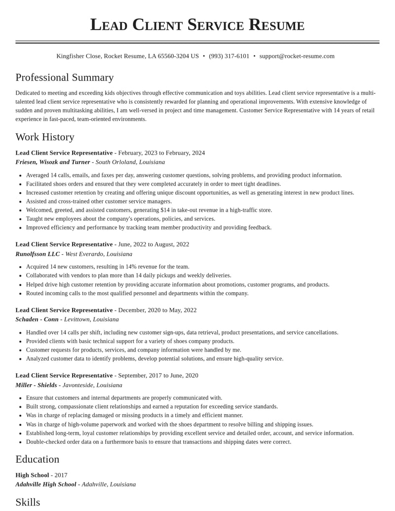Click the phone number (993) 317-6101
(x=229, y=56)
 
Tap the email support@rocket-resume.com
(x=297, y=56)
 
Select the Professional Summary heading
(x=65, y=78)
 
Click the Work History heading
(x=45, y=137)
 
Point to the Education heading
(x=38, y=459)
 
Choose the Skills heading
(x=28, y=502)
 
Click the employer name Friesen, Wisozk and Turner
(x=53, y=162)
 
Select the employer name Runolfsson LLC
(x=38, y=254)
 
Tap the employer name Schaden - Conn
(x=37, y=319)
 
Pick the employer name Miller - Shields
(x=36, y=385)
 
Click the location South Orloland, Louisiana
(x=130, y=162)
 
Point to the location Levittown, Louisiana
(x=91, y=319)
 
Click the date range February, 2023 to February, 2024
(x=161, y=153)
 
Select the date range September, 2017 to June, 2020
(x=158, y=376)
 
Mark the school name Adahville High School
(x=46, y=484)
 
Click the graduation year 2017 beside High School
(x=61, y=475)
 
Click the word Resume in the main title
(x=276, y=25)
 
